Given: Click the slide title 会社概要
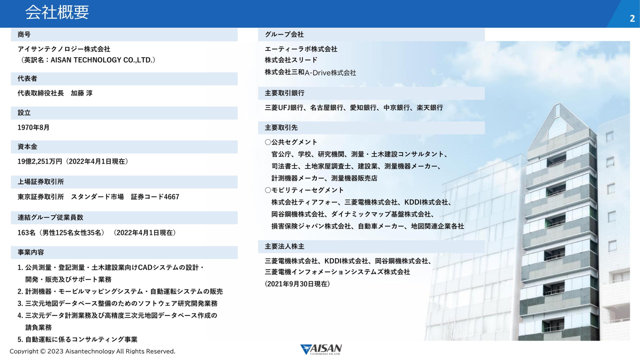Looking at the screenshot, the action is pos(57,12).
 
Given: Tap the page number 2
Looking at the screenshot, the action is pos(632,19).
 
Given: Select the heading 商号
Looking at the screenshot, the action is pos(24,34).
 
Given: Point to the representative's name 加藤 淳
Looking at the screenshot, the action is pos(82,93).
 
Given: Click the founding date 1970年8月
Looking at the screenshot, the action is pos(33,127).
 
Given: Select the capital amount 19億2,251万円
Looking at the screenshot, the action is pos(40,161).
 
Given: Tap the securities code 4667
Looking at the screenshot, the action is pos(171,197).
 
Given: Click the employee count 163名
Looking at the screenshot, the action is pos(26,233).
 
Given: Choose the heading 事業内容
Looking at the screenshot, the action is pos(31,252).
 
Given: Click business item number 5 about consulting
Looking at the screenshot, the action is pos(77,339).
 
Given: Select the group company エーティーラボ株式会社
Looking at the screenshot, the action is pos(301,49).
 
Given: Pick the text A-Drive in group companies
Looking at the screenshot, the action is pos(318,73).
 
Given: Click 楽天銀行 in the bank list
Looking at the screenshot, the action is pos(430,108).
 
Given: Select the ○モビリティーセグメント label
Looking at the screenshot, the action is pos(304,190).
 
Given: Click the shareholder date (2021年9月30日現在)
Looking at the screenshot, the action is pos(297,284).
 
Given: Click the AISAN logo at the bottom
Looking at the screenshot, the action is pos(321,349).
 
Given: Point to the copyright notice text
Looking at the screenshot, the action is pos(92,351).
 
